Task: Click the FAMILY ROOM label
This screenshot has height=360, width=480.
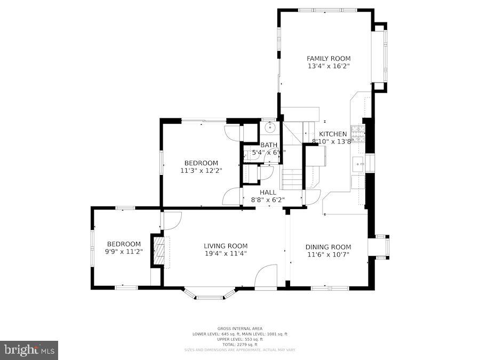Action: tap(328, 58)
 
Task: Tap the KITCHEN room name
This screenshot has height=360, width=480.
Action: tap(333, 134)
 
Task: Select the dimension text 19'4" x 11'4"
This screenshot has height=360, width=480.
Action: tap(226, 254)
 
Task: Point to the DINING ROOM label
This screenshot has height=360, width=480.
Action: tap(328, 247)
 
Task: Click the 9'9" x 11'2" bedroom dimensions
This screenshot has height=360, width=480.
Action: tap(124, 252)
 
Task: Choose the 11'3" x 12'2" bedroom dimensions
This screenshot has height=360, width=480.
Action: tap(201, 171)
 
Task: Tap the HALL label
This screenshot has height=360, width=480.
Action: tap(268, 192)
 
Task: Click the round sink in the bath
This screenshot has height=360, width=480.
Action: tap(270, 127)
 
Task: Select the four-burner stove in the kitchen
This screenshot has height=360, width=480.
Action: tap(358, 134)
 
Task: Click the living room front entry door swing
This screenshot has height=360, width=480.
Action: tap(265, 277)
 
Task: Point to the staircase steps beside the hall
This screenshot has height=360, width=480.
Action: tap(292, 179)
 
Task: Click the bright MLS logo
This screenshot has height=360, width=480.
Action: tap(29, 350)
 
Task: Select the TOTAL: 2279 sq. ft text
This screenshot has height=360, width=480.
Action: tap(239, 344)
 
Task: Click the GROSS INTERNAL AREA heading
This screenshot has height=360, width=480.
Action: tap(239, 329)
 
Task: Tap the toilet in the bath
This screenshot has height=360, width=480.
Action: tap(250, 155)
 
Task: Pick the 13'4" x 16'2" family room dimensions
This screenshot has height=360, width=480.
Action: tap(328, 66)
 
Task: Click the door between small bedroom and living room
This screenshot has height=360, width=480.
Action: tap(171, 220)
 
